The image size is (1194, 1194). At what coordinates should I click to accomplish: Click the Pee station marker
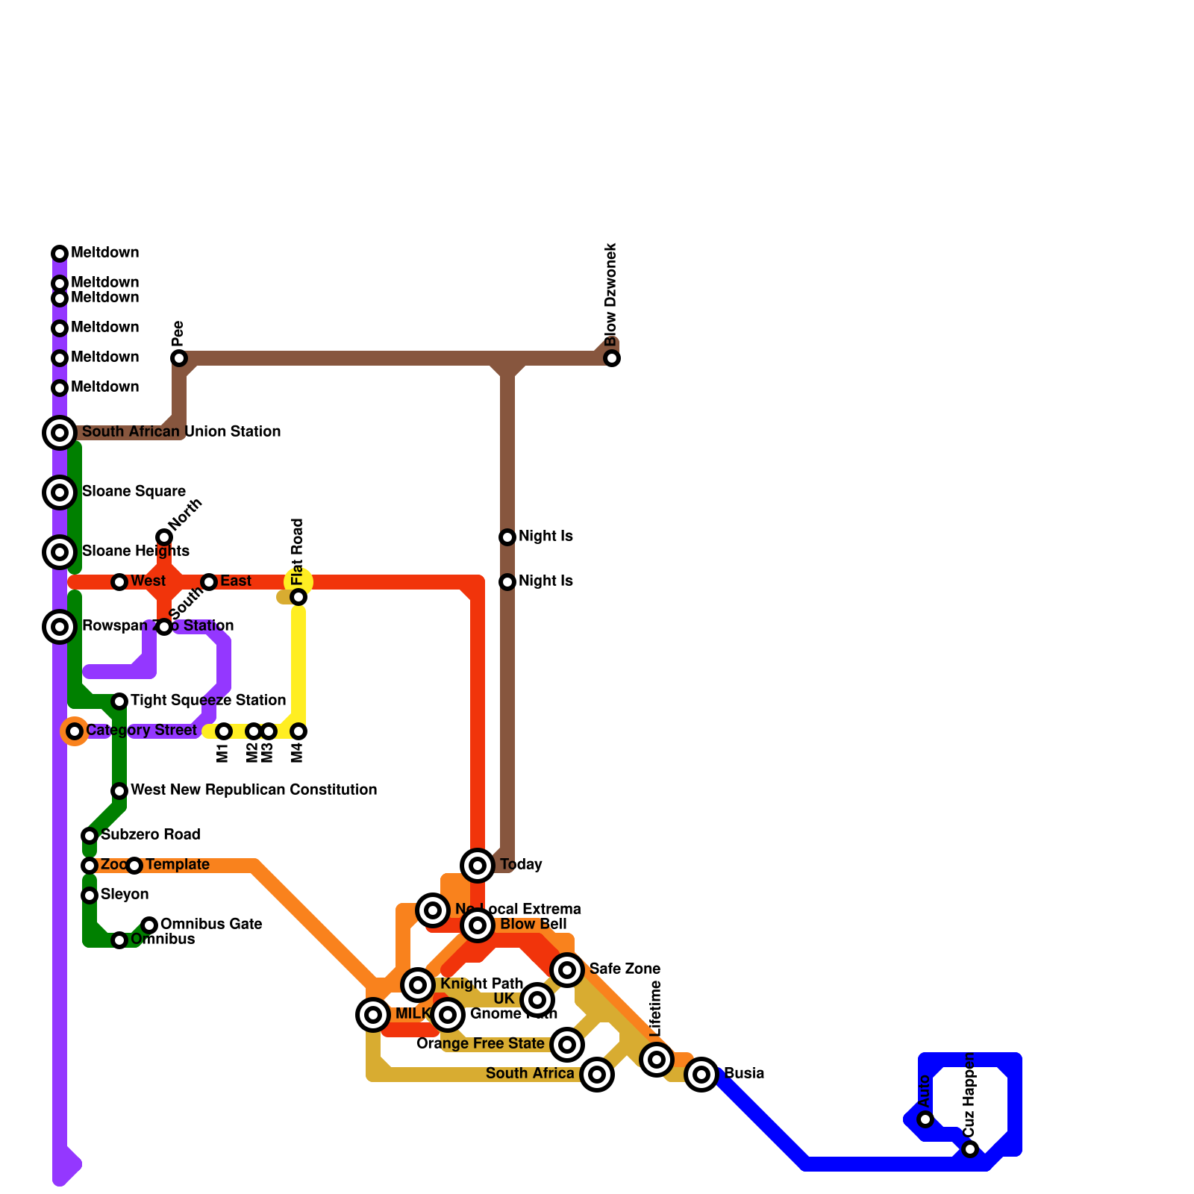(179, 358)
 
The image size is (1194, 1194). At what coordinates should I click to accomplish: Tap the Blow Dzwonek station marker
(612, 358)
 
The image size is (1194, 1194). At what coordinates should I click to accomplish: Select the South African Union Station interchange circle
(60, 433)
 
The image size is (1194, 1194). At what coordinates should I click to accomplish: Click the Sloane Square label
(134, 491)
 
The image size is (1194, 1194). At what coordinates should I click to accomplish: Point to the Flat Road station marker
(298, 597)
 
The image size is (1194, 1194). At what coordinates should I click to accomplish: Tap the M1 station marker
(224, 731)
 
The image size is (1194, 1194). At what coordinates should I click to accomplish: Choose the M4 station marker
(298, 731)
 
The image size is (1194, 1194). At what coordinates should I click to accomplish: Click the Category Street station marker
(75, 731)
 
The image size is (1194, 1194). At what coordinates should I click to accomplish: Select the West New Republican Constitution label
(254, 790)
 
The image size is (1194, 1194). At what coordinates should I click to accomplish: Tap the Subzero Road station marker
(90, 836)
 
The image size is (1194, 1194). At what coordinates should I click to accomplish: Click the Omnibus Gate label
(211, 924)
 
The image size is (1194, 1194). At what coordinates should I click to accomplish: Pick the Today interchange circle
(478, 866)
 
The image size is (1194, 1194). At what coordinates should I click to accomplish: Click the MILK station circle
(373, 1015)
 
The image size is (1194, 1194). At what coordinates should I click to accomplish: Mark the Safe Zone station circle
(567, 970)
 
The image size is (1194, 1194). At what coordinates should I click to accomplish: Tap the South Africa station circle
(597, 1075)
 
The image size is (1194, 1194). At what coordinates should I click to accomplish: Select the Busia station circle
(701, 1075)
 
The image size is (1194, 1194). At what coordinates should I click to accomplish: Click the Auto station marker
(925, 1119)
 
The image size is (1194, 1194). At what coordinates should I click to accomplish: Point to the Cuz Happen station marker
(970, 1149)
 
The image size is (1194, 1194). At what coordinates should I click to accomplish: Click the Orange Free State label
(481, 1043)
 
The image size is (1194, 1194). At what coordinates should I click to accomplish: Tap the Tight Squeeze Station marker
(119, 701)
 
